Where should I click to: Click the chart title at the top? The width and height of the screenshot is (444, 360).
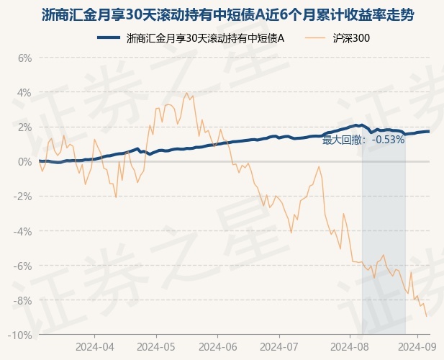click(228, 14)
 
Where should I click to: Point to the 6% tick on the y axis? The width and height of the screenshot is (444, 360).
click(24, 58)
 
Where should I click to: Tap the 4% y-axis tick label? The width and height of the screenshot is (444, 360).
click(24, 93)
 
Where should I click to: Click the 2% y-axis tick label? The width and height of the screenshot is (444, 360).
click(24, 127)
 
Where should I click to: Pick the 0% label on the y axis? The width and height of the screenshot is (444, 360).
click(24, 162)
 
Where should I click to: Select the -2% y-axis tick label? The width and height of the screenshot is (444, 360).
click(22, 197)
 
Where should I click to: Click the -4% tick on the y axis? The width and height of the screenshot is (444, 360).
click(22, 231)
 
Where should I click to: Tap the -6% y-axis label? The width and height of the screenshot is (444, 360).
click(22, 266)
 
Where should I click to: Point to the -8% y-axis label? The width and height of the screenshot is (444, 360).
click(22, 300)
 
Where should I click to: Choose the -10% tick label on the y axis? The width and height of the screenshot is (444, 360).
click(20, 336)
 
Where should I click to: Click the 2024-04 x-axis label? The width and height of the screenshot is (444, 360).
click(95, 347)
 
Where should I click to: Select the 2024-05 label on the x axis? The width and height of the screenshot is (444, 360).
click(156, 347)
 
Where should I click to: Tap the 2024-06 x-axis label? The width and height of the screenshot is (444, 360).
click(218, 347)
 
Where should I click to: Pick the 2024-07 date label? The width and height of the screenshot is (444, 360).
click(279, 347)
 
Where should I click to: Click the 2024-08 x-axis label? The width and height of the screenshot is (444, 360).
click(350, 347)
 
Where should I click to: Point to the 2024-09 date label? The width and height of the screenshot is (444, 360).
click(417, 347)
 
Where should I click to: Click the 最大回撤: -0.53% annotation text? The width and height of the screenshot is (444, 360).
click(363, 140)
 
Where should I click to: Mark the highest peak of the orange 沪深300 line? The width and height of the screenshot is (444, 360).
click(186, 93)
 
